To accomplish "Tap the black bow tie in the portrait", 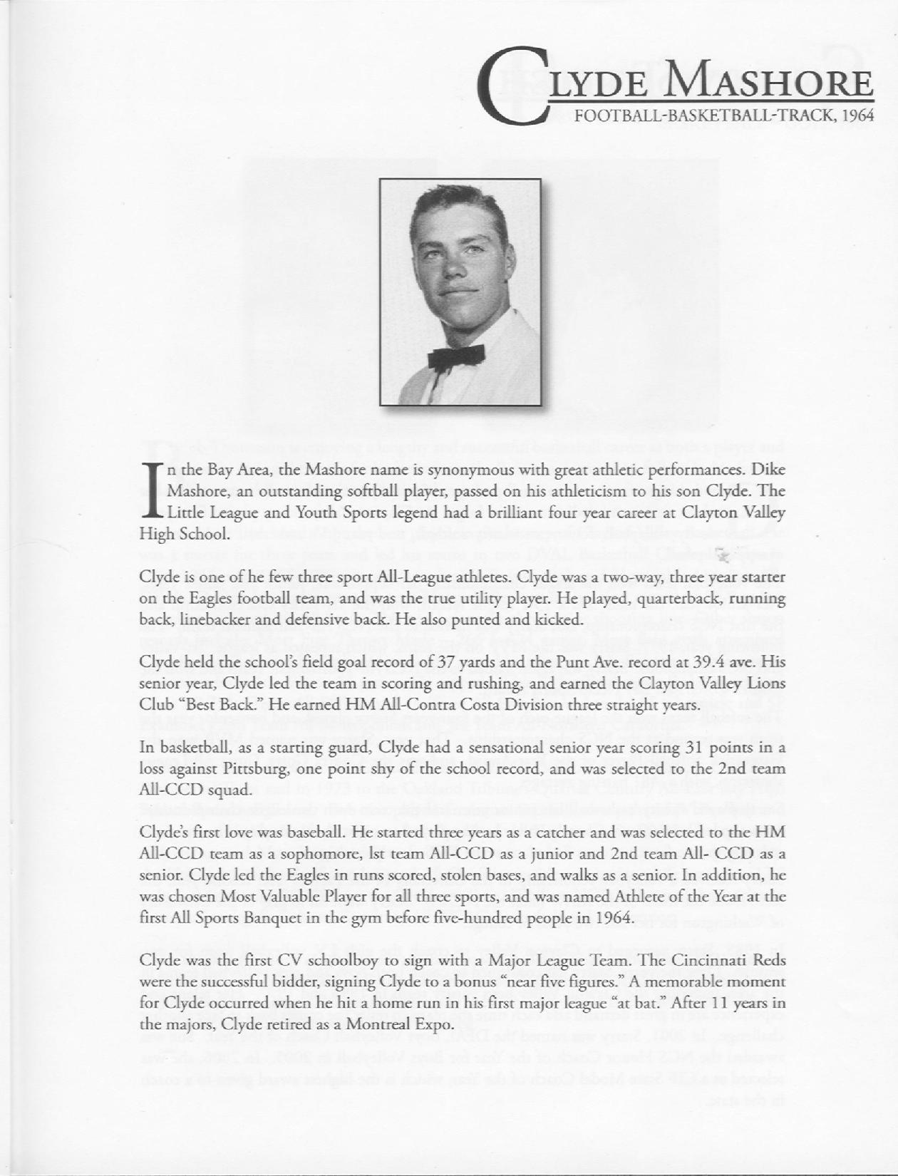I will point(456,355).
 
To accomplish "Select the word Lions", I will point(768,684).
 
